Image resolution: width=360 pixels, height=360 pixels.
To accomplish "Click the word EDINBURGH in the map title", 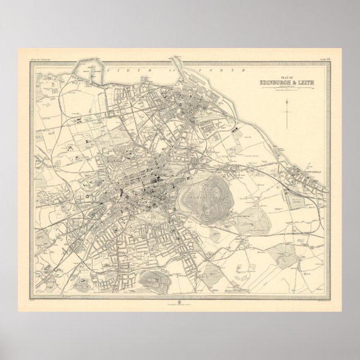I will (276, 84).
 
